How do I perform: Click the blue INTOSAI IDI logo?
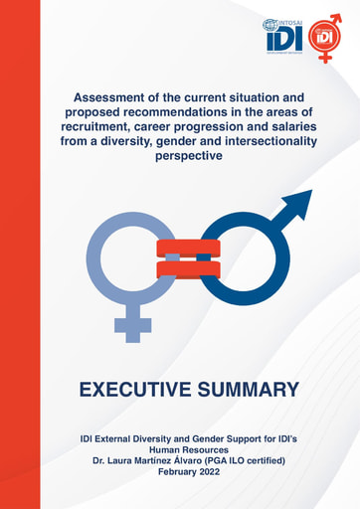[281, 36]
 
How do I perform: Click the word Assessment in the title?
[117, 99]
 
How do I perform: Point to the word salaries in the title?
[297, 128]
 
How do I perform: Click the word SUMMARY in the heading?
[252, 389]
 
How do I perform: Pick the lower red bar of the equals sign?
[186, 268]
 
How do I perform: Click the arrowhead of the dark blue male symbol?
[295, 206]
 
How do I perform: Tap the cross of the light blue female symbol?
[132, 325]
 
